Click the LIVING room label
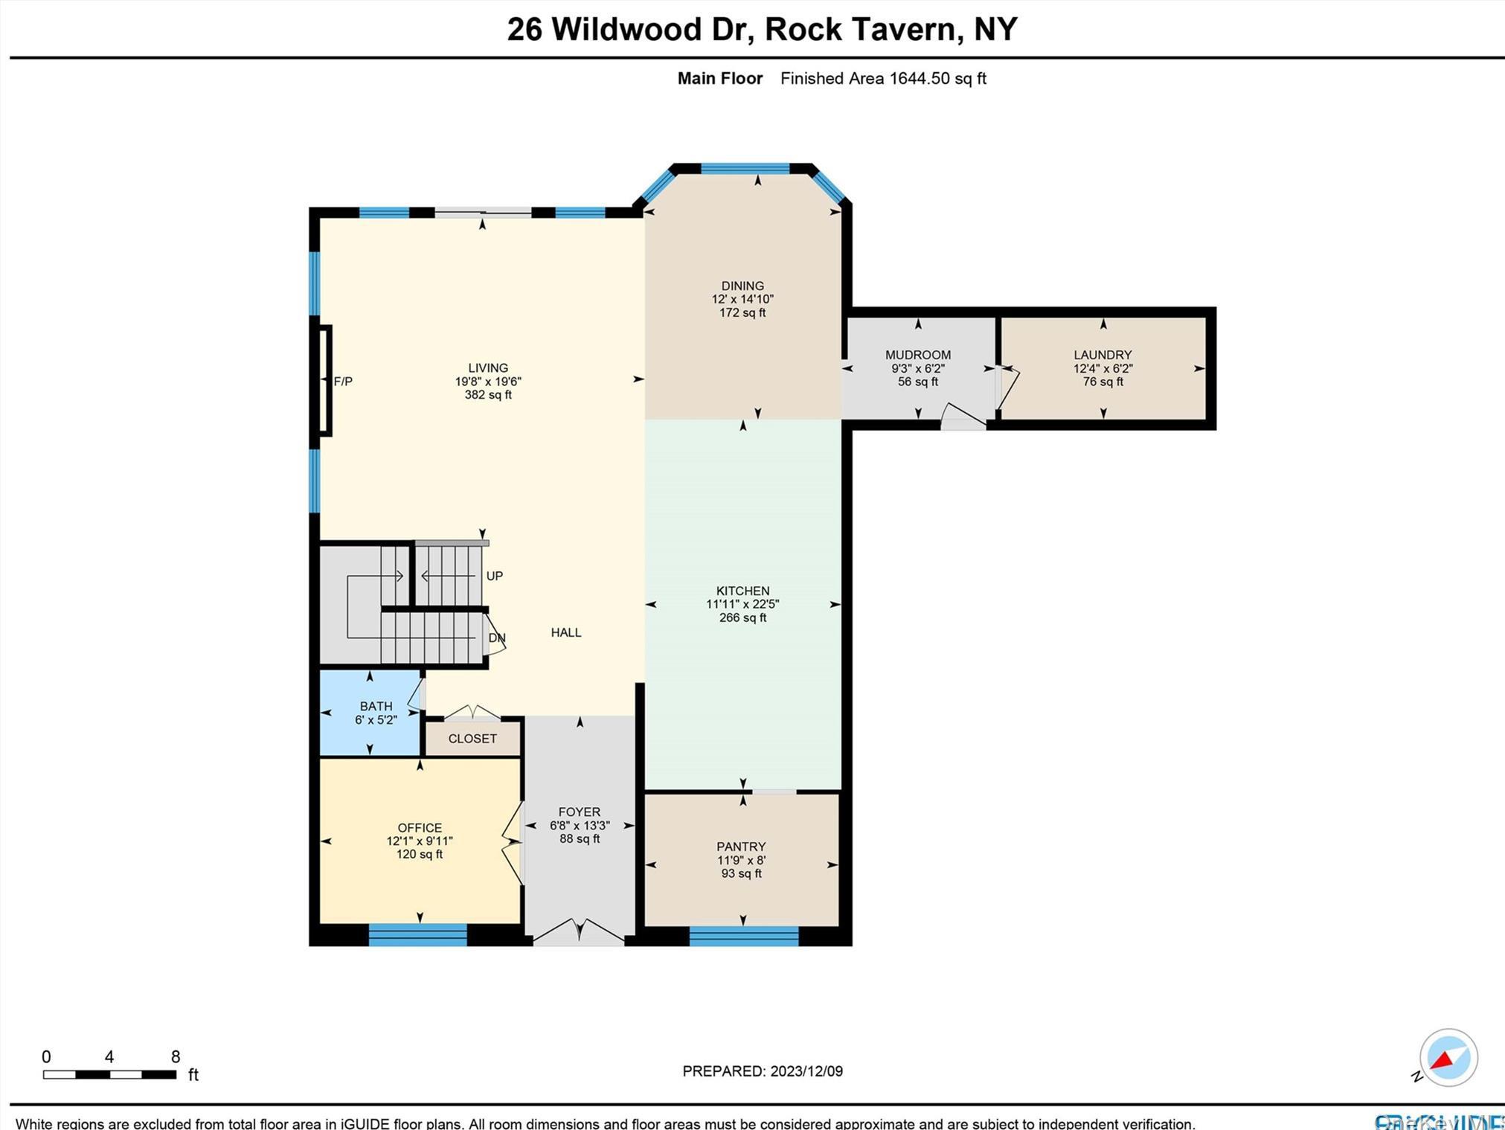point(488,367)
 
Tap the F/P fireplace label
point(343,382)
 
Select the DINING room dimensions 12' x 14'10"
point(742,299)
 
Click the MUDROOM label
point(917,355)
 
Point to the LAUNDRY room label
point(1103,355)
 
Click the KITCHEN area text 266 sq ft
point(742,617)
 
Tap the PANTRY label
point(741,847)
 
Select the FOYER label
point(580,812)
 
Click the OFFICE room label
point(420,827)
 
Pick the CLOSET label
point(472,739)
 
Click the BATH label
point(376,706)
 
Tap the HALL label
point(566,632)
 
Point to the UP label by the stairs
point(495,576)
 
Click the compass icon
point(1448,1058)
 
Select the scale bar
point(109,1074)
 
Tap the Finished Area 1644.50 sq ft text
point(883,78)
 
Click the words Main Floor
point(719,78)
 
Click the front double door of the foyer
point(579,933)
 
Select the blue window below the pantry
point(744,937)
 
